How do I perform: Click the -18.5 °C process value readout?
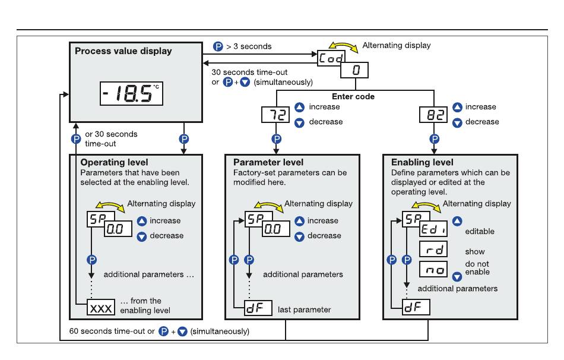(x=131, y=94)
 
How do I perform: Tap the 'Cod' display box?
(x=331, y=58)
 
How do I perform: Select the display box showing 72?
(x=275, y=115)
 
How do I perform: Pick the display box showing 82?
(x=433, y=115)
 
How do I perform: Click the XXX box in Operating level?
(x=101, y=308)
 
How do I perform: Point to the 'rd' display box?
(x=433, y=249)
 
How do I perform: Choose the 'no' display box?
(x=433, y=269)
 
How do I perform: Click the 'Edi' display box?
(x=433, y=229)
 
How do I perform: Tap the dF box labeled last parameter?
(x=258, y=308)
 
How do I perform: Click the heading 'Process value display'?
(x=123, y=51)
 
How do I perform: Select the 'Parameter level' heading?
(x=268, y=162)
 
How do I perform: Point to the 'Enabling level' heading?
(x=422, y=162)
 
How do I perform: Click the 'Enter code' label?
(x=353, y=96)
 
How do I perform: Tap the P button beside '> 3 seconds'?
(x=218, y=46)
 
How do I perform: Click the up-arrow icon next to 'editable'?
(x=457, y=220)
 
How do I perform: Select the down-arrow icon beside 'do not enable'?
(x=457, y=276)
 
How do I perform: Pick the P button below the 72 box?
(x=276, y=139)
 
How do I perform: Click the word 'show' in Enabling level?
(x=475, y=252)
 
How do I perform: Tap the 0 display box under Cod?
(x=354, y=70)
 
